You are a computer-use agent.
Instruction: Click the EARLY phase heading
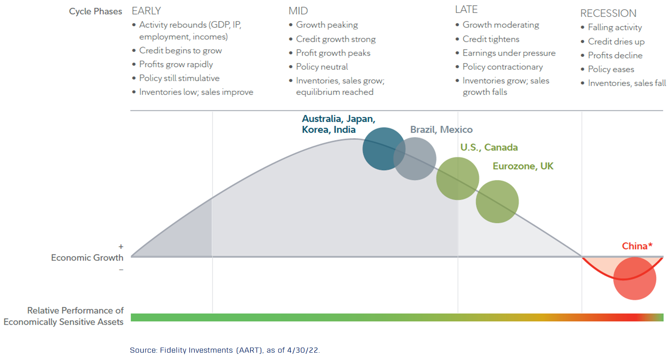coord(146,11)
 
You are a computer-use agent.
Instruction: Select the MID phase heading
coord(298,11)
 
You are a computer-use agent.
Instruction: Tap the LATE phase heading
coord(466,10)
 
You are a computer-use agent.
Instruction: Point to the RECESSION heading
coord(608,14)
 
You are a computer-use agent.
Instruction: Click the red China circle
coord(634,279)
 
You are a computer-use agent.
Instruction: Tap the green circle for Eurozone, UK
coord(497,202)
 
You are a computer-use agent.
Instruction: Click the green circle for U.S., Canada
coord(457,179)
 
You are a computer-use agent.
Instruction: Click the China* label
coord(637,246)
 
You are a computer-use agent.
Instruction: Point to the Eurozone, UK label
coord(523,166)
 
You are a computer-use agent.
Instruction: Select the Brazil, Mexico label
coord(441,129)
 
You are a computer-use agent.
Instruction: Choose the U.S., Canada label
coord(489,147)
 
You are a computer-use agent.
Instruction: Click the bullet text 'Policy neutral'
coord(322,67)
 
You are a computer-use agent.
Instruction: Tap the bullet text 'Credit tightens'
coord(491,39)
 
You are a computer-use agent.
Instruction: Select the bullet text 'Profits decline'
coord(615,55)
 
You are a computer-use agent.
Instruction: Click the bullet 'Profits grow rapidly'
coord(176,65)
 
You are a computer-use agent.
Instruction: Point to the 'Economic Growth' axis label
coord(87,258)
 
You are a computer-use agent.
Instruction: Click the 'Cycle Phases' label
coord(95,11)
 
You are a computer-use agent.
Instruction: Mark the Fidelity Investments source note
coord(224,350)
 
